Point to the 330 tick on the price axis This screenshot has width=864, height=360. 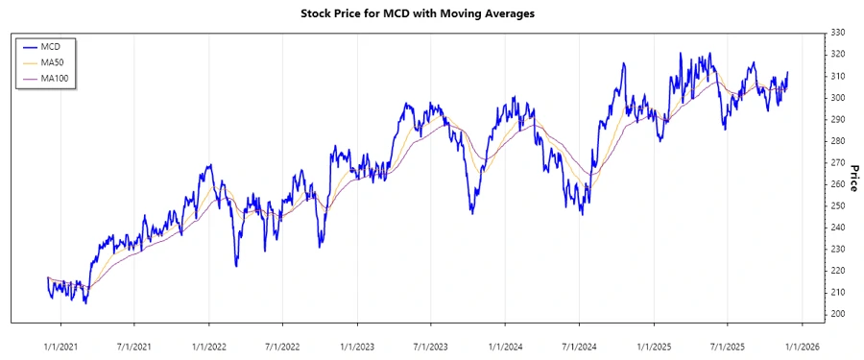(x=837, y=33)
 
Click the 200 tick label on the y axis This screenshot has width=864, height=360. (x=837, y=314)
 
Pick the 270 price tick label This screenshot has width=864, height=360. (x=837, y=162)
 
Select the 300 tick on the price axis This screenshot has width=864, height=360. (x=837, y=98)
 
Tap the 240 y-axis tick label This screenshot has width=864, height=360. (x=837, y=228)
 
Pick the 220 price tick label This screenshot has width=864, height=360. (x=837, y=271)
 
